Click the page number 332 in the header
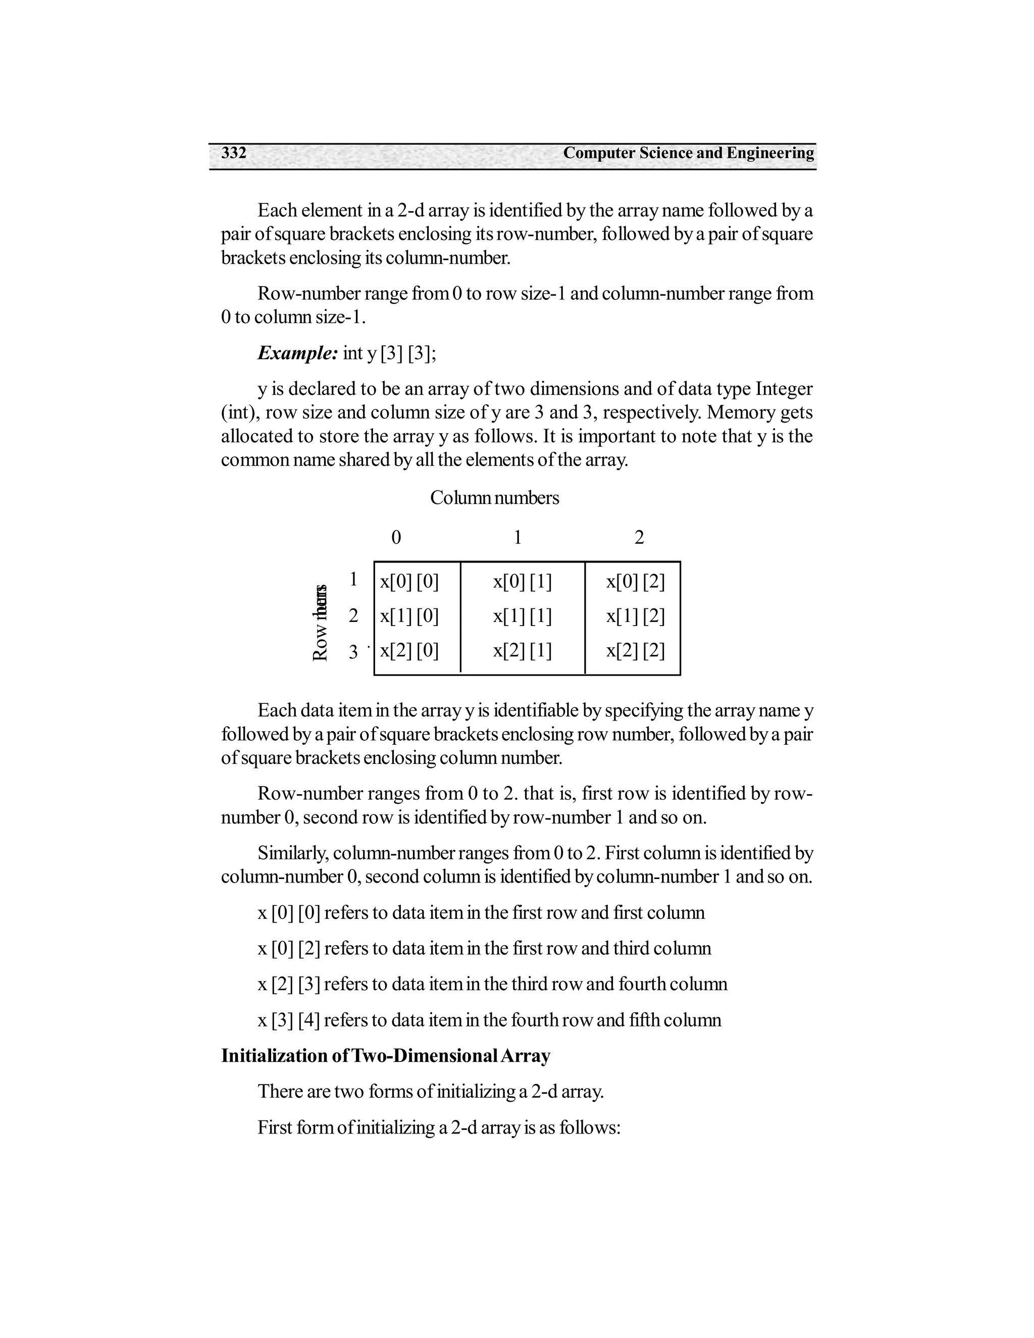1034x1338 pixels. coord(233,152)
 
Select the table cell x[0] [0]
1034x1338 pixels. coord(409,581)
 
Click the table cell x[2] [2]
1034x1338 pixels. coord(635,651)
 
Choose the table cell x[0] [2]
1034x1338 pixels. coord(635,581)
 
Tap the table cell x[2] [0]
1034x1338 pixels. coord(409,651)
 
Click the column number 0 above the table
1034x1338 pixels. coord(396,538)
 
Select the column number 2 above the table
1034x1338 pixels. coord(639,538)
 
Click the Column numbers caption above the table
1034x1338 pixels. coord(494,498)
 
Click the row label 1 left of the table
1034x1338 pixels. coord(353,579)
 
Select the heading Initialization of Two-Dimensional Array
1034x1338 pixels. coord(385,1056)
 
